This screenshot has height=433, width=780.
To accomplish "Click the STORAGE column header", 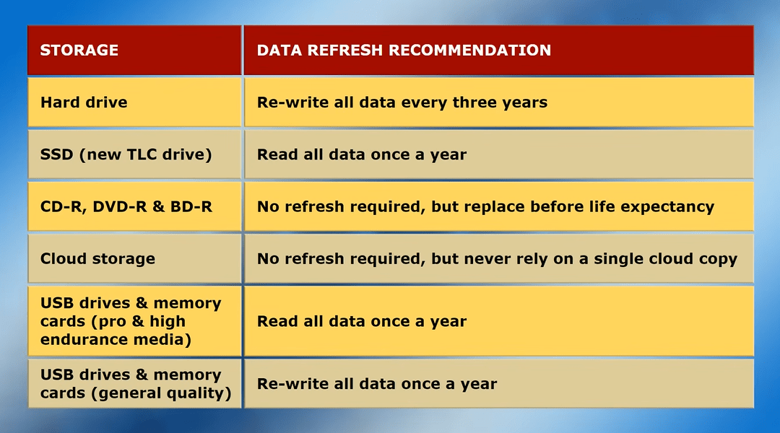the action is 79,51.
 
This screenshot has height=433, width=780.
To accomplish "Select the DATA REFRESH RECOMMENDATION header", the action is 404,51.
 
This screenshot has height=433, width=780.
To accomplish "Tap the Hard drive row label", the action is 84,102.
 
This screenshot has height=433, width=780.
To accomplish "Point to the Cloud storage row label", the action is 97,259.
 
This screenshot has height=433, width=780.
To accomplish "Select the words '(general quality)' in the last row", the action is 161,393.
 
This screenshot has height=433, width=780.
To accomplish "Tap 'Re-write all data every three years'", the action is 402,102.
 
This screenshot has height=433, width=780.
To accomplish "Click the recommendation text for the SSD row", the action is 362,154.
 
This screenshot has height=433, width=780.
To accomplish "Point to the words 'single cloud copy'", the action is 665,259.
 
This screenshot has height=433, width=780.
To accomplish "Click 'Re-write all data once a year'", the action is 376,384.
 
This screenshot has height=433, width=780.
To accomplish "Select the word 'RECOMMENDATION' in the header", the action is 469,51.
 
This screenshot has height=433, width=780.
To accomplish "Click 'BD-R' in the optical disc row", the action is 191,207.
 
